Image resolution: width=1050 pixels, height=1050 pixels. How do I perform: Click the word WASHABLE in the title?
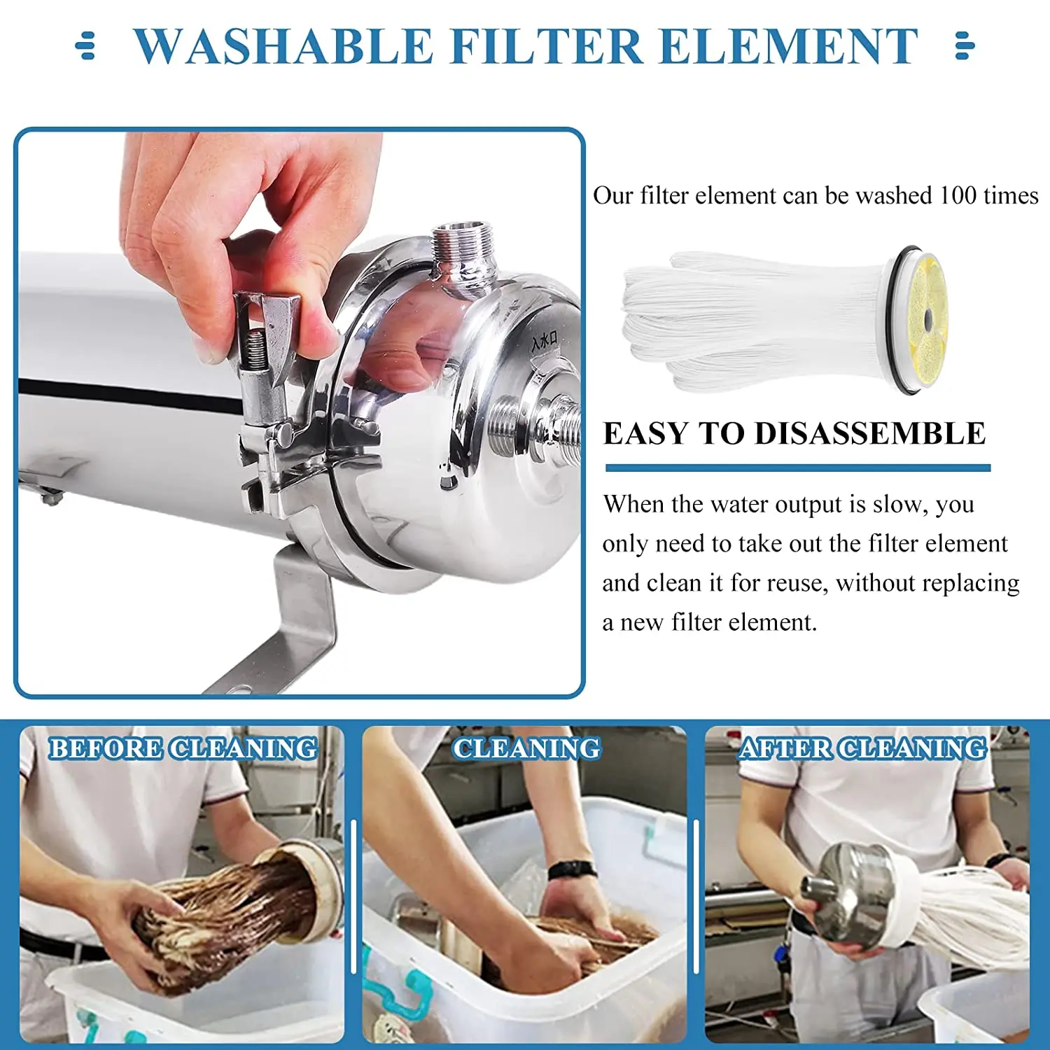coord(283,47)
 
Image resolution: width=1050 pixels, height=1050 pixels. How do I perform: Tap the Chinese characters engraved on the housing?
coord(545,342)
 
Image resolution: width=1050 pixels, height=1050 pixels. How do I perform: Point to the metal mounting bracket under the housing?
coord(294,623)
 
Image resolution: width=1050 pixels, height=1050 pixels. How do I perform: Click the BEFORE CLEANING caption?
coord(182,748)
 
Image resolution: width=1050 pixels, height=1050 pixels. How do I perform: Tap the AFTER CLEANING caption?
coord(862,748)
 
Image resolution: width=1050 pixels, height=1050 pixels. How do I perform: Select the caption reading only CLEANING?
coord(526,748)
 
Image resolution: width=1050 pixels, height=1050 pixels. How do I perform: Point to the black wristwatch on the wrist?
coord(572,870)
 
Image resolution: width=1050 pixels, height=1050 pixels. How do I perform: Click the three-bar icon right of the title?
coord(965,45)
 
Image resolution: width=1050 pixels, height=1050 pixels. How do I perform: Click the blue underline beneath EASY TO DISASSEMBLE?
coord(798,468)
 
